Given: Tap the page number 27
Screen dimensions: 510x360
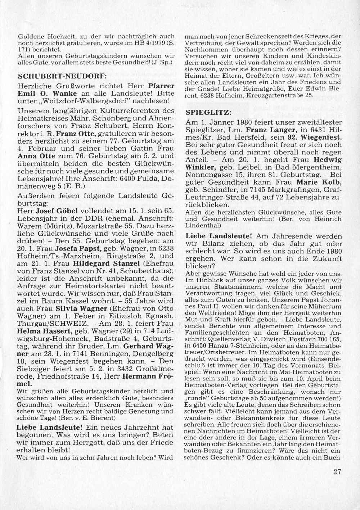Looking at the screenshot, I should [x=337, y=472].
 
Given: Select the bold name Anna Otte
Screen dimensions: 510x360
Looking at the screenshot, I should [x=34, y=156].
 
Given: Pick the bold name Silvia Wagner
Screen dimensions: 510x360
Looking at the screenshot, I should [x=81, y=308].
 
